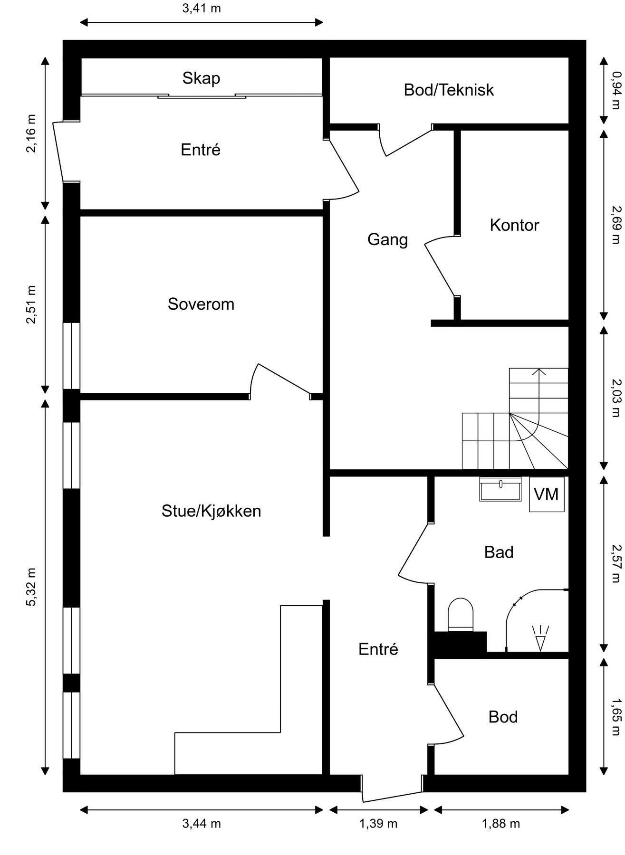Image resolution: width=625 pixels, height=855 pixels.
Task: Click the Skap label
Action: click(201, 78)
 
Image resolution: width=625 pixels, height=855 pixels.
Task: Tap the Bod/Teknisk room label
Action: click(449, 90)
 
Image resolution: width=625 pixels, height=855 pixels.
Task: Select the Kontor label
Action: click(514, 225)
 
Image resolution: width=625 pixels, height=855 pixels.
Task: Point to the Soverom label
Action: click(201, 304)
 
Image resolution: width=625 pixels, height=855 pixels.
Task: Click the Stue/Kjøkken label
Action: click(211, 511)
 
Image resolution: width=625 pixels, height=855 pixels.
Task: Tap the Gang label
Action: click(387, 239)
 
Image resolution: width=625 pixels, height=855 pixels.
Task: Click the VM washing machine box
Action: click(547, 494)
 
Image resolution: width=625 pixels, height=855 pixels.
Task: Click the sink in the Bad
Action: click(500, 489)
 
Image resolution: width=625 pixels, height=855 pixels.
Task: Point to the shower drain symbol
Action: click(541, 637)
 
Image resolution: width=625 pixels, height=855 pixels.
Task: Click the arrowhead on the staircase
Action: click(538, 372)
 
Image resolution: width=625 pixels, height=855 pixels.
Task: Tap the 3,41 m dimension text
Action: click(202, 9)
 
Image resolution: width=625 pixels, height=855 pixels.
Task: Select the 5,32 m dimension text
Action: click(31, 587)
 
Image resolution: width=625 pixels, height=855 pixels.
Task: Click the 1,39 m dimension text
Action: click(378, 823)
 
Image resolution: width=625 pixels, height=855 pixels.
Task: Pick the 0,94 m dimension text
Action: click(616, 90)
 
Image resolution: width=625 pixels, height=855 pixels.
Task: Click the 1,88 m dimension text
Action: click(501, 823)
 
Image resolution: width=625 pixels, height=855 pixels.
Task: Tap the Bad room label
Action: click(499, 552)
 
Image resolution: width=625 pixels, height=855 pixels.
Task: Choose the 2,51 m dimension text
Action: click(31, 304)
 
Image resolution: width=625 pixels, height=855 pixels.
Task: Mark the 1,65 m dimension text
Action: click(616, 716)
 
